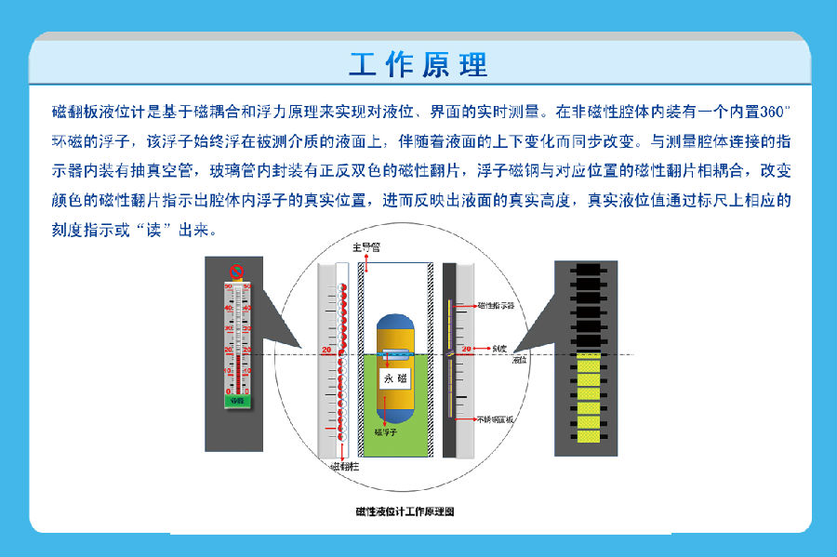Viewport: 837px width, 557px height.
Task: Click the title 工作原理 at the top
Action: (418, 65)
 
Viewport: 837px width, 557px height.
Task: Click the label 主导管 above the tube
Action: (365, 248)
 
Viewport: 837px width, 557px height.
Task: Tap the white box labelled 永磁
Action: (394, 378)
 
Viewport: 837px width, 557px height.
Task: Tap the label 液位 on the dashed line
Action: (519, 358)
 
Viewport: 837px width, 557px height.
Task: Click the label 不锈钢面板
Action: (496, 420)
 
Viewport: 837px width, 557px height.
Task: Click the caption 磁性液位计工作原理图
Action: (405, 511)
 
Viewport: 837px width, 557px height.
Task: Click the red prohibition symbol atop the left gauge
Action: (236, 272)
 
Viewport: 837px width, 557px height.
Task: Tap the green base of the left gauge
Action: (237, 400)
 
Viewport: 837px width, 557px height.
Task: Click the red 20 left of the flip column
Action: (326, 350)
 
